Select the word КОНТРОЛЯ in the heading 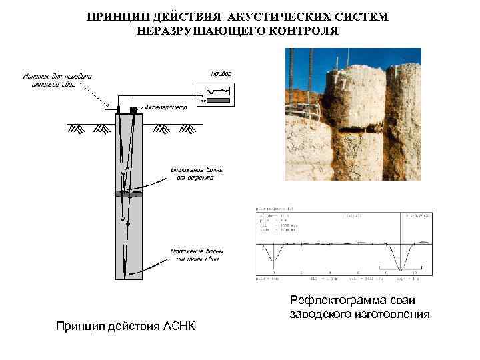(305, 31)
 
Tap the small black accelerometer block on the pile (133, 109)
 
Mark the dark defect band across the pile (129, 194)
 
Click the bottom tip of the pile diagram (129, 277)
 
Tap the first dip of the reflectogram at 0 (273, 257)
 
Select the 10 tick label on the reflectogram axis (414, 273)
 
